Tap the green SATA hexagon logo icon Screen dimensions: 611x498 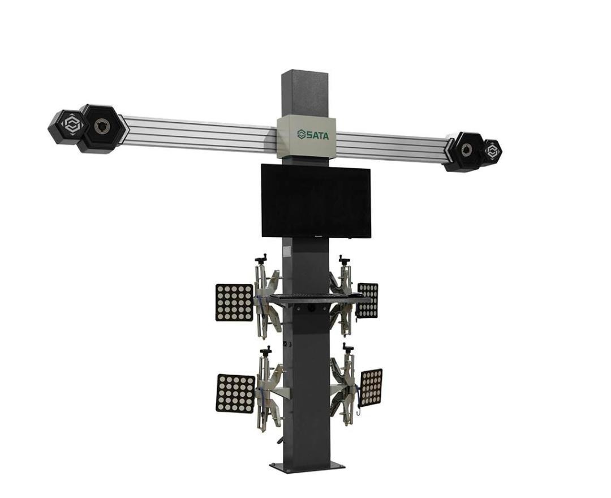coord(301,135)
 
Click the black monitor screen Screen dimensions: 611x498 coord(316,201)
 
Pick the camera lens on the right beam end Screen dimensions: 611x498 coord(466,150)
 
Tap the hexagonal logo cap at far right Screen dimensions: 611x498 coord(492,151)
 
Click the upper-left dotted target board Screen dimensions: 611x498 coord(235,302)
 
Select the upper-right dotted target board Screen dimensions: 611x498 coord(368,300)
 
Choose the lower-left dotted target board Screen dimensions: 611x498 coord(235,393)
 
